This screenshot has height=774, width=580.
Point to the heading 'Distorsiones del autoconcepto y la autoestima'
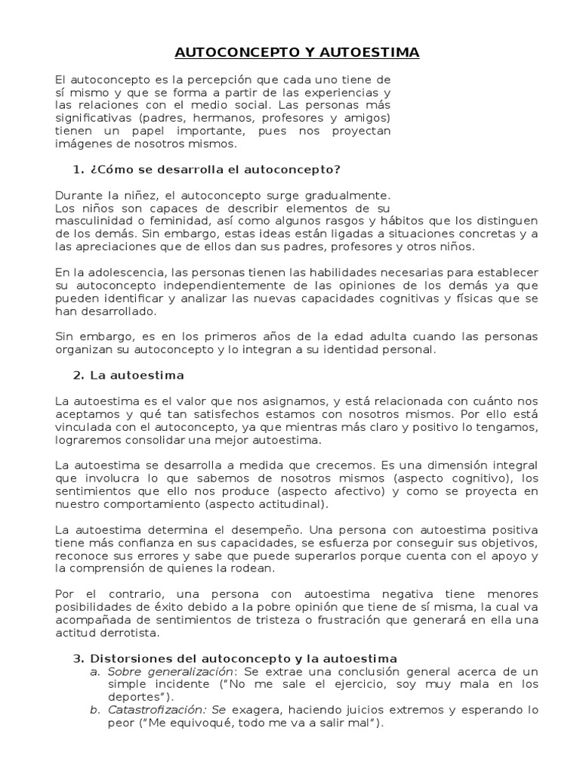coord(243,638)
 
